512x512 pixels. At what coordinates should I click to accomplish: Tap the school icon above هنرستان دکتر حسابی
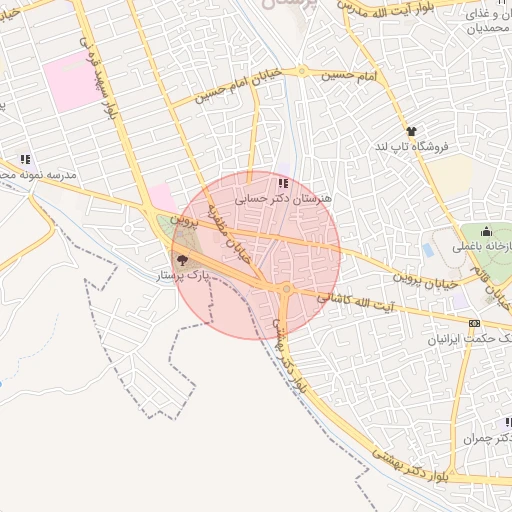coord(283,184)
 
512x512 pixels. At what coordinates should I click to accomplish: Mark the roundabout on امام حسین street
coord(301,72)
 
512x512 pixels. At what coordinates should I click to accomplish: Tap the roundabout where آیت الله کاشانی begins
coord(287,290)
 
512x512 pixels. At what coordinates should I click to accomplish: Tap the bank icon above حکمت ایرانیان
coord(474,323)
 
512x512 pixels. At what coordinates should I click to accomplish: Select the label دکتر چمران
coord(488,438)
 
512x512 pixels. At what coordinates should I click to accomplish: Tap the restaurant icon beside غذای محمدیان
coord(499,13)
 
